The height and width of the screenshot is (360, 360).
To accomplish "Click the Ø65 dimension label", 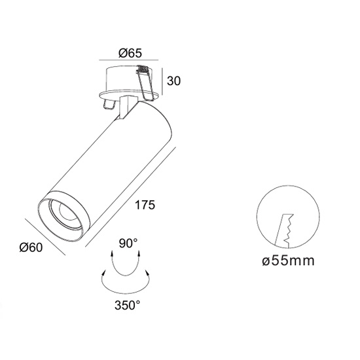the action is tap(130, 53).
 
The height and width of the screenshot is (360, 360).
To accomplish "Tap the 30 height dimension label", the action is tap(174, 81).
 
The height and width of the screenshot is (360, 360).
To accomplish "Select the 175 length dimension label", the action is tap(145, 205).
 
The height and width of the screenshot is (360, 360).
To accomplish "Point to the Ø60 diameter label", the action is tap(31, 247).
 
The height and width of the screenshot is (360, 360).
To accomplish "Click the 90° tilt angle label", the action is tap(128, 243).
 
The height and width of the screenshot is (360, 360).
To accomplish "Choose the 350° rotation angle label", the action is tap(127, 305).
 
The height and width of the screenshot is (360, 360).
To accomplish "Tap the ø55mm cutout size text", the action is tap(288, 261).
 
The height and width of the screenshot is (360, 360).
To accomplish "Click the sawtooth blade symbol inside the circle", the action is tap(284, 231).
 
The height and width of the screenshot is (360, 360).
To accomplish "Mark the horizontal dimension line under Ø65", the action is tap(129, 60).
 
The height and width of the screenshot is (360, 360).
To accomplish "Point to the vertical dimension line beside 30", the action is tap(162, 81).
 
